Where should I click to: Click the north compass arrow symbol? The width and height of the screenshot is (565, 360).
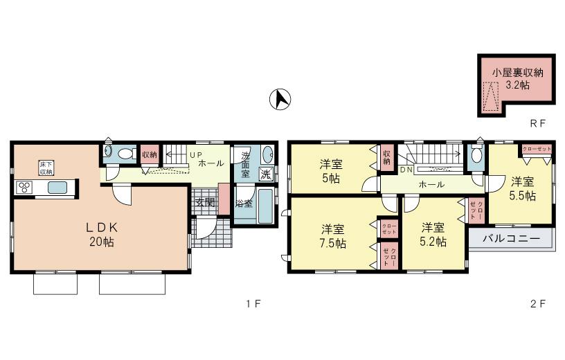tap(280, 100)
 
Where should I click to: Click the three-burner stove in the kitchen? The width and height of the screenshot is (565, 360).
tap(24, 187)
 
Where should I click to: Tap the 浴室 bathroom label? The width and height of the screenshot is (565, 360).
tap(244, 204)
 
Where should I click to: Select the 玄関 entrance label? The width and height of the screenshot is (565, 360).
tap(204, 202)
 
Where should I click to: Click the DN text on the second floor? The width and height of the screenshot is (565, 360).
tap(406, 169)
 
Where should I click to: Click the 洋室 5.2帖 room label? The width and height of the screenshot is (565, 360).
tap(432, 235)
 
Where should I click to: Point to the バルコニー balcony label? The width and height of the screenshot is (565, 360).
tap(510, 239)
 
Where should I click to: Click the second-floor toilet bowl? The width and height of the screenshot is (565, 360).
tap(476, 156)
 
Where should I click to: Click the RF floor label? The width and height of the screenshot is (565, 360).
tap(538, 124)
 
